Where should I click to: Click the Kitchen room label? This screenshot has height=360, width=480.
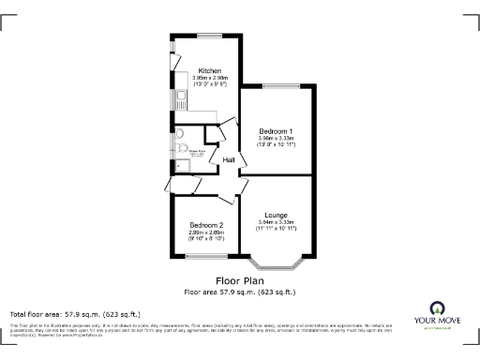209,69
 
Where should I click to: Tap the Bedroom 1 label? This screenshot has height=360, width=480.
277,130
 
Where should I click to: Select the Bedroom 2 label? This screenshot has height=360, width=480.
206,225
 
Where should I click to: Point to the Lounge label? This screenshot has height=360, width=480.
276,215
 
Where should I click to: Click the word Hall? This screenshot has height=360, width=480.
228,160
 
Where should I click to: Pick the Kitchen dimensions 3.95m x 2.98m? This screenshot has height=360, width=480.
209,78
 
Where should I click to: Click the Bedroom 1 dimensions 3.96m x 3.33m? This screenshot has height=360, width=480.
277,139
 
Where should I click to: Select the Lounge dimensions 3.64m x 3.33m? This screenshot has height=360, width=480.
276,222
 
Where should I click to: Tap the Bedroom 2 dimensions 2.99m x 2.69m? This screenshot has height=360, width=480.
206,232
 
